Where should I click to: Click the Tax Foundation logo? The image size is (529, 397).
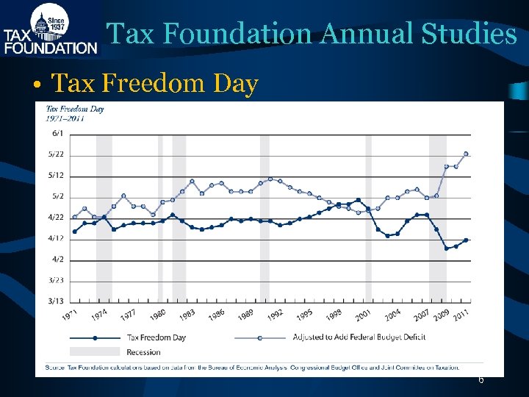(50, 29)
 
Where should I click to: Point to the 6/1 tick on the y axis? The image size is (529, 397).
(57, 133)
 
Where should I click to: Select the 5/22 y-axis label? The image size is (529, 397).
(57, 154)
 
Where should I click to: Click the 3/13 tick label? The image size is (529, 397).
(57, 301)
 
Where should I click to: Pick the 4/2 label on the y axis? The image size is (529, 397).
(57, 260)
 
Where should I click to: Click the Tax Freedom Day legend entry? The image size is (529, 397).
(156, 337)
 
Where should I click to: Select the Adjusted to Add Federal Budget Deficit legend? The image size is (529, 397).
(359, 337)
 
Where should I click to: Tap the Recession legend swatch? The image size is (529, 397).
(95, 352)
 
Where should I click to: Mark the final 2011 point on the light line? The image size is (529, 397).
(466, 154)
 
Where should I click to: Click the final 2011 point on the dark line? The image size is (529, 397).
(466, 240)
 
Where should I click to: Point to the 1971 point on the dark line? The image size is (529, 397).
(75, 232)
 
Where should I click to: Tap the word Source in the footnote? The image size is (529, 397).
(54, 367)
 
